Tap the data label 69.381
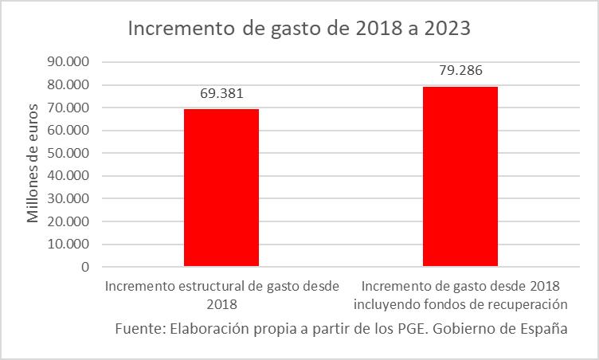(x=221, y=93)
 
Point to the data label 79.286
(x=460, y=70)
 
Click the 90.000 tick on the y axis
(x=69, y=61)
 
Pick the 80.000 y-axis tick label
(x=69, y=84)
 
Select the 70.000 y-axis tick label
(x=69, y=108)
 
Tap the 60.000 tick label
(x=69, y=131)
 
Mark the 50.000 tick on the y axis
(x=69, y=153)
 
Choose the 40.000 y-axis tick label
(x=69, y=176)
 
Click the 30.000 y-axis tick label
(x=69, y=199)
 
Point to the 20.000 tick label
(x=69, y=221)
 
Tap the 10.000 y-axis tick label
(x=69, y=245)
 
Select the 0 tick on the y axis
(x=84, y=268)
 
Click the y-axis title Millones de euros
(x=33, y=162)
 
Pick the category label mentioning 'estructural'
(x=222, y=294)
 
